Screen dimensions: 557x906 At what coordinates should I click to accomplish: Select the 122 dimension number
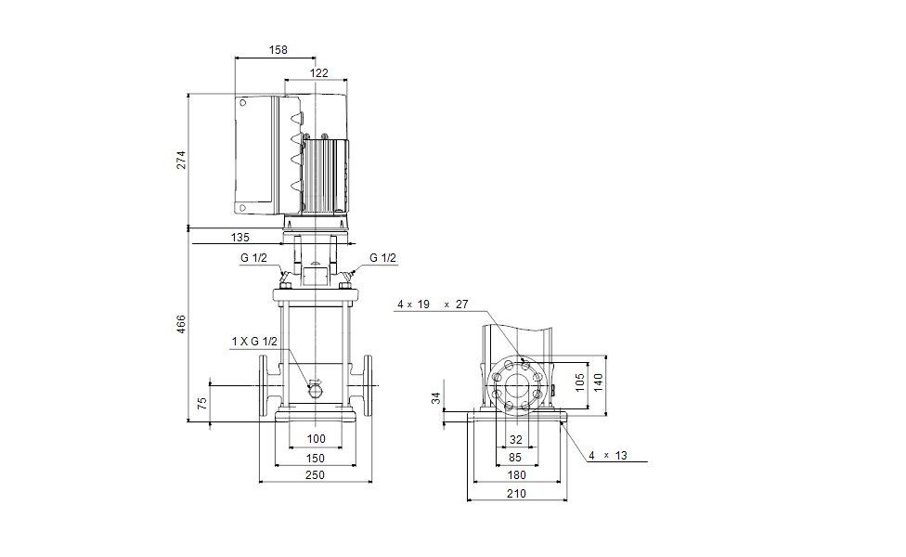coord(317,72)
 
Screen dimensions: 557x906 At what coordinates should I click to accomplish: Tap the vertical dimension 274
coord(182,159)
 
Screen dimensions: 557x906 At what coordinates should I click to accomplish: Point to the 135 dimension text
coord(239,237)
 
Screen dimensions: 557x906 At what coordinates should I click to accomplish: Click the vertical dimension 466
coord(182,324)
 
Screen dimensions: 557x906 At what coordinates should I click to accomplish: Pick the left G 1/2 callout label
coord(253,258)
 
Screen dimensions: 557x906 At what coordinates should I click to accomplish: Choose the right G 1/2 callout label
coord(382,258)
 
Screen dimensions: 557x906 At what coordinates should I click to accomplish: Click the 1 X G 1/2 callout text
coord(254,342)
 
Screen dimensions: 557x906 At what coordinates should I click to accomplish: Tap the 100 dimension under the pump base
coord(317,438)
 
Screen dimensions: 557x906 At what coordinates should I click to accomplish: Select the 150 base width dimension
coord(316,459)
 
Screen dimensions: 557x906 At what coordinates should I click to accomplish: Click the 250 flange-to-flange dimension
coord(316,475)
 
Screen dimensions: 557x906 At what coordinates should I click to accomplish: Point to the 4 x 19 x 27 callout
coord(433,304)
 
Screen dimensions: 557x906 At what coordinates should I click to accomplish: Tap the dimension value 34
coord(436,399)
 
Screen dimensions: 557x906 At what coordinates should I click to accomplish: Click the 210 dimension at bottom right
coord(516,494)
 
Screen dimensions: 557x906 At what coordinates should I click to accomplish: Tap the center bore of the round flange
coord(516,384)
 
